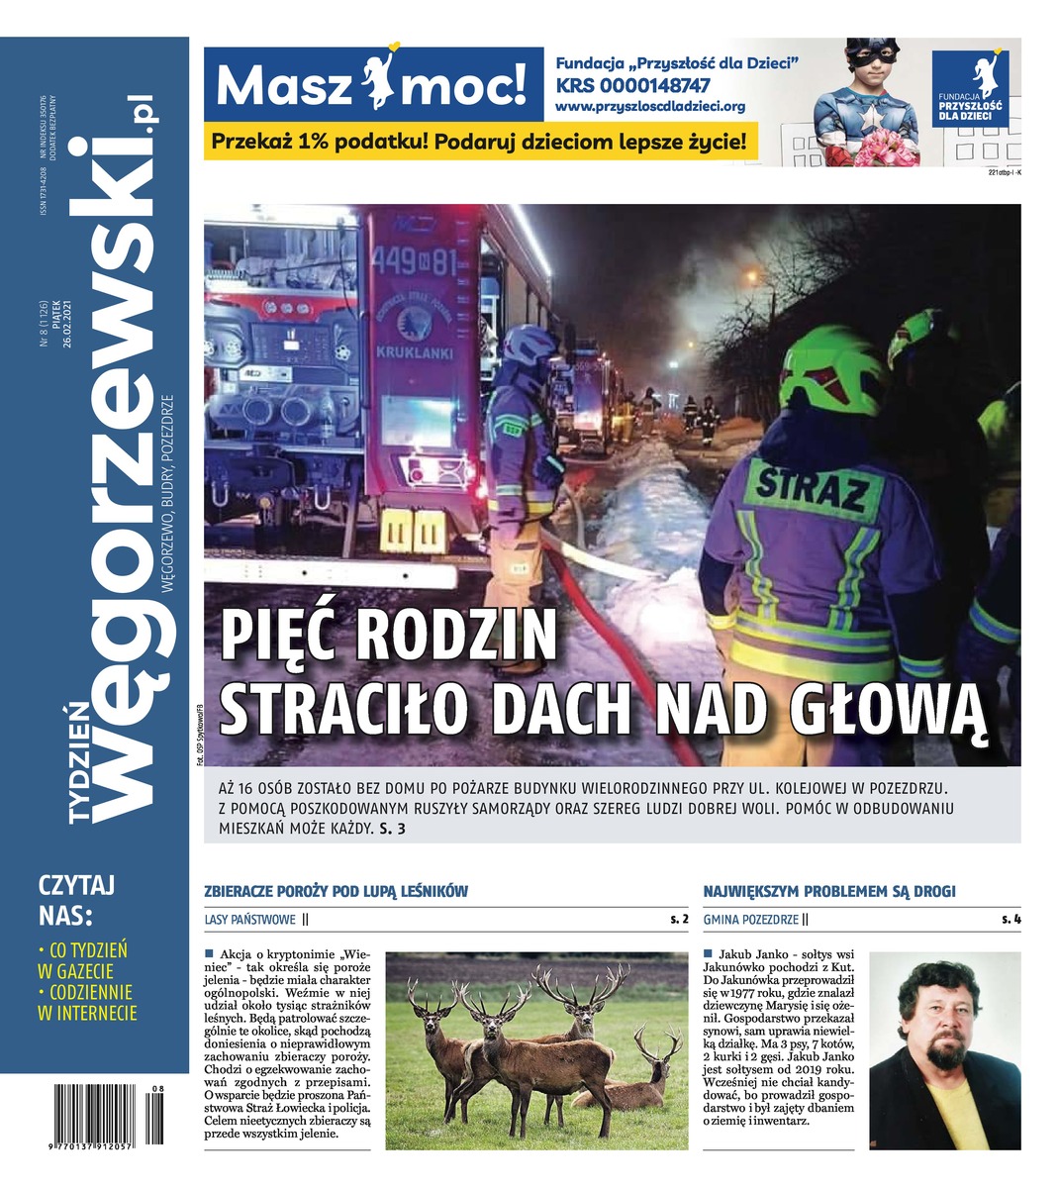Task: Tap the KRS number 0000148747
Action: (633, 86)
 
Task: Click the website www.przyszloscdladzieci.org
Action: (649, 106)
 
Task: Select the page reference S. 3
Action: (393, 830)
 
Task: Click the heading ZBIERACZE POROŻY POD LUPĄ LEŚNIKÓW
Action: (336, 891)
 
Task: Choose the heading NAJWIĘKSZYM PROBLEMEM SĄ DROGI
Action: (829, 891)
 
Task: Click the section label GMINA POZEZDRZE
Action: (750, 920)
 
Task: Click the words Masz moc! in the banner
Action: (370, 87)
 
